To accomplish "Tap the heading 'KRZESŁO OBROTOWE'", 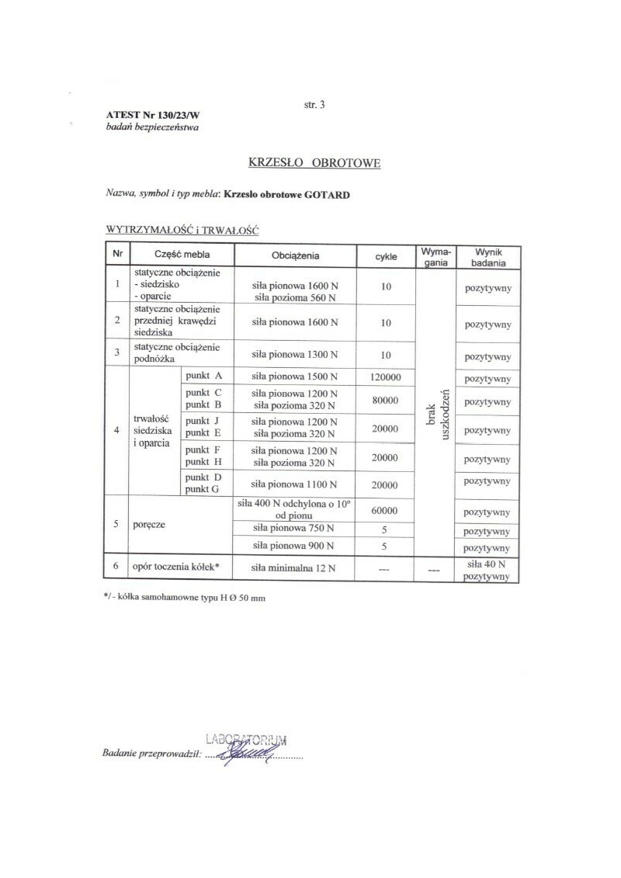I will coord(314,163).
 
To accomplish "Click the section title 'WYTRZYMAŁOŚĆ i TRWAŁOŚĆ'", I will coord(182,231).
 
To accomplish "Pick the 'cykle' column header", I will coord(386,255).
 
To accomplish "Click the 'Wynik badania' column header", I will coord(487,257).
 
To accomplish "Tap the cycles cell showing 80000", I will coord(386,401).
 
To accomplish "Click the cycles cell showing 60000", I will coord(386,512).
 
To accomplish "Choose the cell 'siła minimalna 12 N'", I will coord(295,567).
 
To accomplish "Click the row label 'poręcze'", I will coord(153,525).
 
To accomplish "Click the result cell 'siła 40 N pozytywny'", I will coord(487,570).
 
